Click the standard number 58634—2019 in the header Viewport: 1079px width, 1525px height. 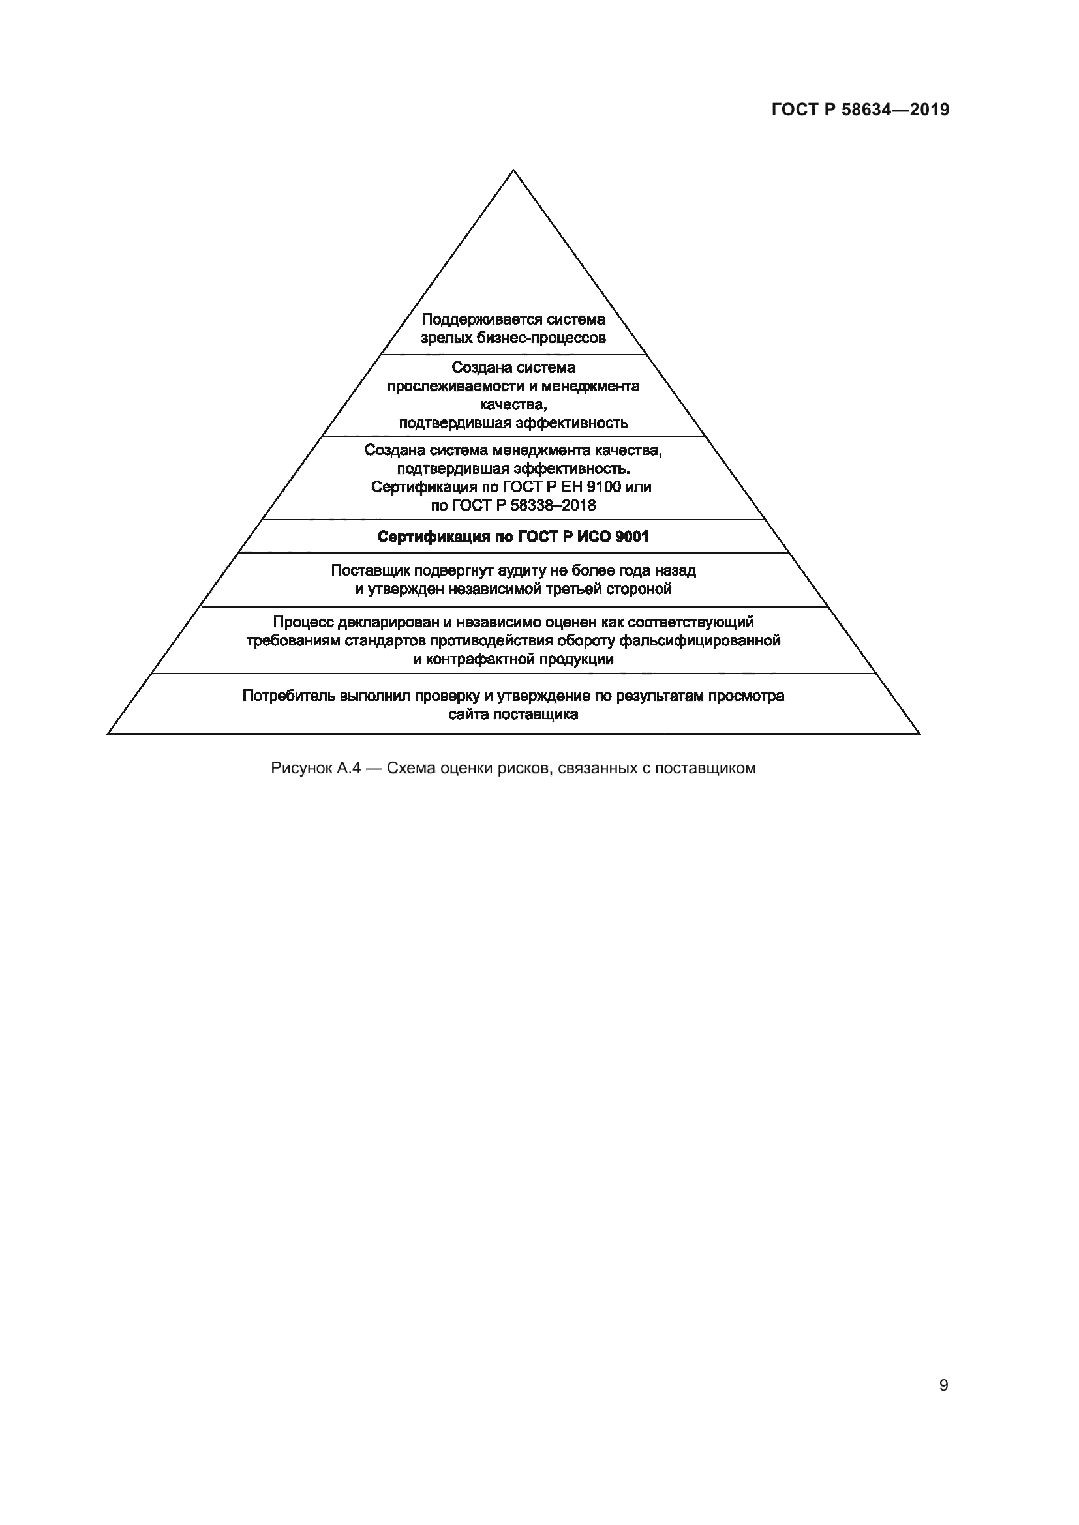(x=896, y=110)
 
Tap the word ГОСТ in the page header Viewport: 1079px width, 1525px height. (x=795, y=110)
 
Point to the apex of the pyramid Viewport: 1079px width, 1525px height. (x=513, y=170)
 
